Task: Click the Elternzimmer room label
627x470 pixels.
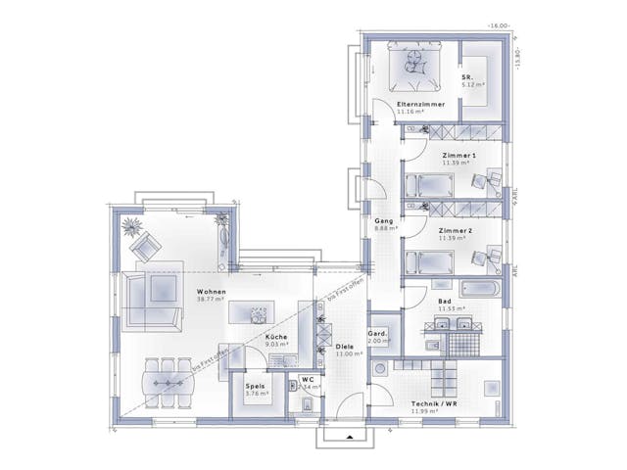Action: click(x=420, y=104)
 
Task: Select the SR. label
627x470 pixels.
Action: click(x=468, y=76)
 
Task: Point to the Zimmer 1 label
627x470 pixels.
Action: click(x=458, y=155)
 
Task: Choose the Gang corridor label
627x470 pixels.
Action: click(x=384, y=221)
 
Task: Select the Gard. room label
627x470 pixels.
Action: click(x=378, y=333)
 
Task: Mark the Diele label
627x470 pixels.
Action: click(x=344, y=346)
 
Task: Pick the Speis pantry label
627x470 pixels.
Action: click(x=257, y=386)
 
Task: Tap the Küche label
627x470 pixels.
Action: click(x=276, y=336)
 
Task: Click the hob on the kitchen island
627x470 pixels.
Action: click(x=258, y=314)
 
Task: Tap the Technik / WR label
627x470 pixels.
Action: click(x=434, y=403)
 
